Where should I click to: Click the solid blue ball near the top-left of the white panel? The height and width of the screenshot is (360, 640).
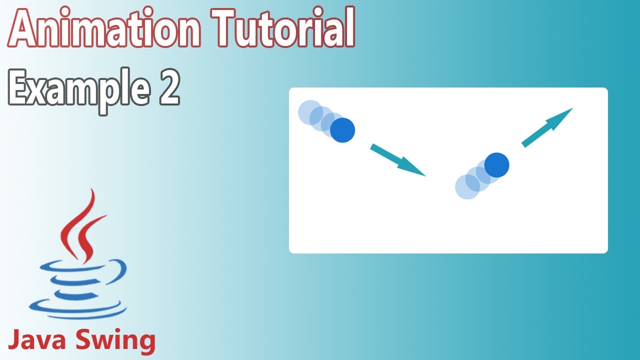point(342,130)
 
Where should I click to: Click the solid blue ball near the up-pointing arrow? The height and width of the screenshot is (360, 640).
point(496,165)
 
